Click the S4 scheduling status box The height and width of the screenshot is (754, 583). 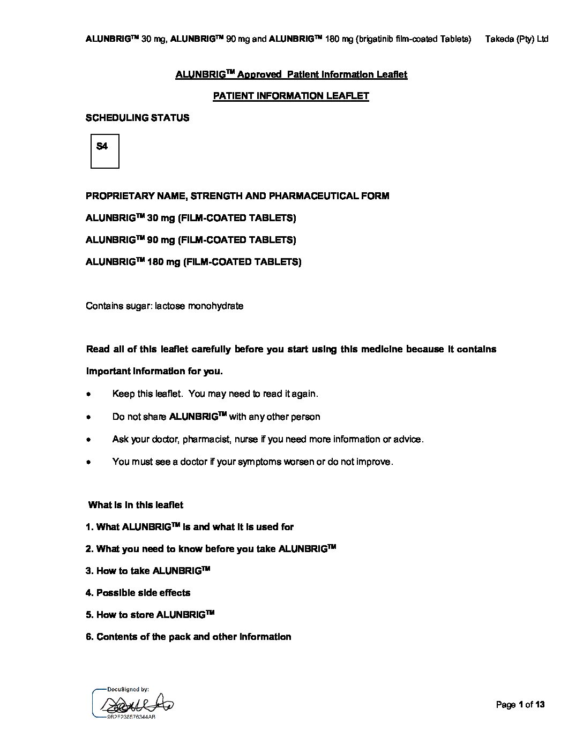[104, 151]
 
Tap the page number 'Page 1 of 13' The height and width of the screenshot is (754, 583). [520, 705]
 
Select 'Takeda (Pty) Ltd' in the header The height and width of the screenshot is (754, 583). [517, 39]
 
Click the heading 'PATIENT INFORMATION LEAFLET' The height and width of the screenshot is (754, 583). [291, 96]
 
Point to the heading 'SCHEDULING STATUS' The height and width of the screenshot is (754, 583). [137, 118]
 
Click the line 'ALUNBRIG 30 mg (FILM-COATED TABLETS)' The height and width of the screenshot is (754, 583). [191, 218]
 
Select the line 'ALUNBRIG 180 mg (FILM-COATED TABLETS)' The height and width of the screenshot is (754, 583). [193, 262]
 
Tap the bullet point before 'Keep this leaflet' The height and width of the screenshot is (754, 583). [88, 394]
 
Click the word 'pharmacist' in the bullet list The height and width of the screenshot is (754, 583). [207, 439]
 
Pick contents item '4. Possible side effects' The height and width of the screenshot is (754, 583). [138, 593]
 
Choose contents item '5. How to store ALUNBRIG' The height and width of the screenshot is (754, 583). [150, 615]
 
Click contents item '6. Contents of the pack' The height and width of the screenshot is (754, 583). [188, 637]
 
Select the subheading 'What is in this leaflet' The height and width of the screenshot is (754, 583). [136, 505]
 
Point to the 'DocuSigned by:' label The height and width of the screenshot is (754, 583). [128, 690]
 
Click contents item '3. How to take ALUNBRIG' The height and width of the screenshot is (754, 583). [147, 571]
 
